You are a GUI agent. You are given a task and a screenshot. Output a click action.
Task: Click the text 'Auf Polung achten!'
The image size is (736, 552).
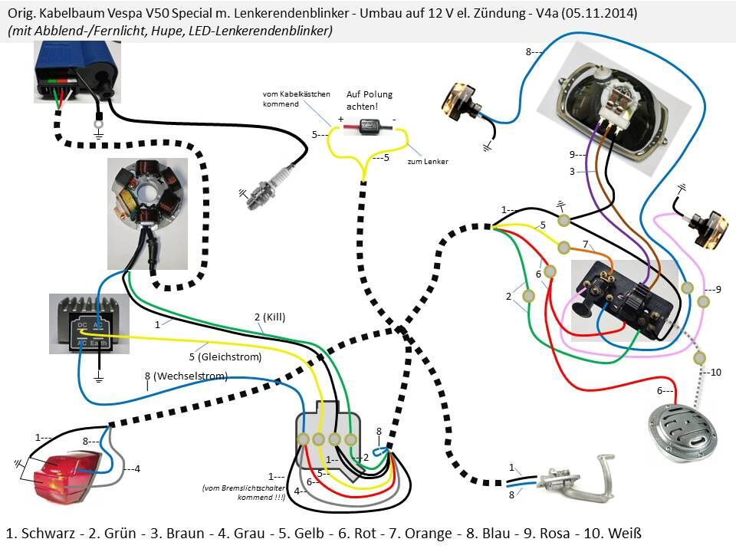pos(369,100)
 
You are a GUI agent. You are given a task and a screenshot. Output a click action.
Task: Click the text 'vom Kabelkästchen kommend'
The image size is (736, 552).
pos(296,98)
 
